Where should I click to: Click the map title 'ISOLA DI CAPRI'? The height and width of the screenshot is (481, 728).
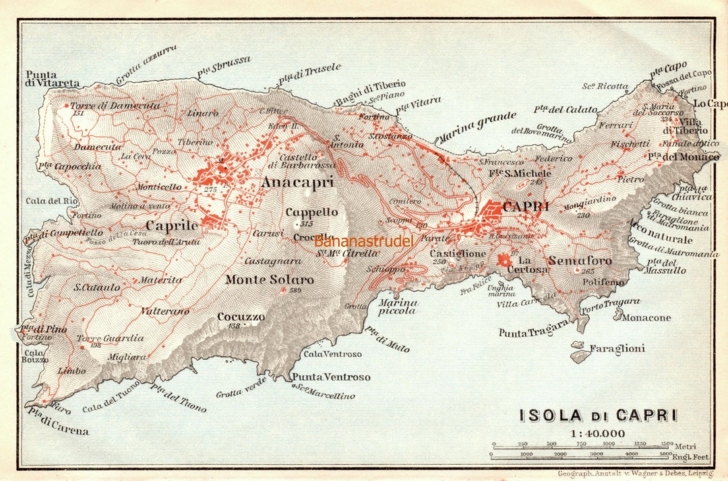[x=598, y=416]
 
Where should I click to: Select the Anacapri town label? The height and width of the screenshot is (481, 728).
[x=297, y=183]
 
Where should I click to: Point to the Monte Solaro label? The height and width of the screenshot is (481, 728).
[x=269, y=280]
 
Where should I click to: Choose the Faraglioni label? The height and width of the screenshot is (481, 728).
[x=617, y=348]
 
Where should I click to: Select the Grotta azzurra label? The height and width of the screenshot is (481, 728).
[x=146, y=65]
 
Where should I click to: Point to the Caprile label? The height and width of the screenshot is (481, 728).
[x=173, y=226]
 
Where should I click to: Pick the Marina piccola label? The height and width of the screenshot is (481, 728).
[x=398, y=307]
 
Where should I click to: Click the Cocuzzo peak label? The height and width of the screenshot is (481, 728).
[x=241, y=317]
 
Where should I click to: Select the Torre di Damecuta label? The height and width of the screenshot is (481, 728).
[x=115, y=106]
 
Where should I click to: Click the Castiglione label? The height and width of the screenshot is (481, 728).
[x=458, y=253]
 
